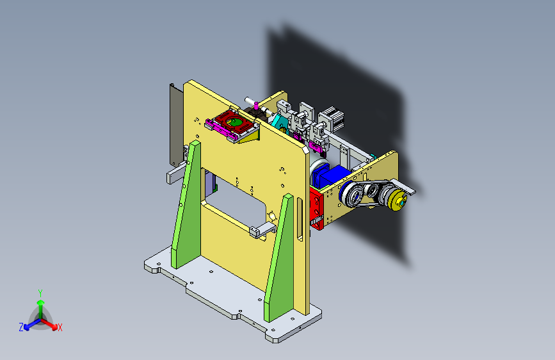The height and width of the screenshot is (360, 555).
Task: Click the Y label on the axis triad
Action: [40, 293]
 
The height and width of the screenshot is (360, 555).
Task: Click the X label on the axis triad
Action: [60, 327]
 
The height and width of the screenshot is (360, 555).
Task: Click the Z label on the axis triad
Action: [21, 327]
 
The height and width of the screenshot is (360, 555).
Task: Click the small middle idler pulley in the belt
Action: [372, 191]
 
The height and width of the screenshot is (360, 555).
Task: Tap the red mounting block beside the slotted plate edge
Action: [316, 209]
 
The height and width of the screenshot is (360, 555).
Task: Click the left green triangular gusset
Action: [186, 205]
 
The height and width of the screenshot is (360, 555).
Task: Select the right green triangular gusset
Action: [280, 258]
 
